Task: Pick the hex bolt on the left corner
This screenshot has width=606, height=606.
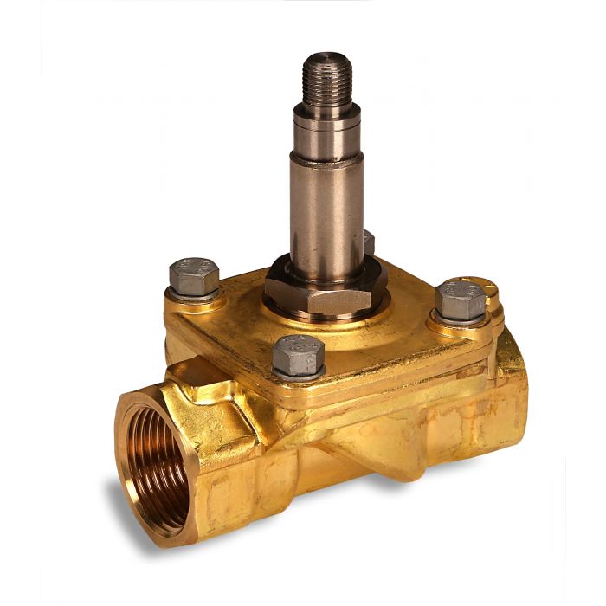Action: (194, 275)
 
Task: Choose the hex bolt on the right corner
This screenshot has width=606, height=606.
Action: (461, 300)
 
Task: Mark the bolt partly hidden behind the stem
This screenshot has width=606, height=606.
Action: (369, 243)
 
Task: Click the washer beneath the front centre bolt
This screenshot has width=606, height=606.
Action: (299, 374)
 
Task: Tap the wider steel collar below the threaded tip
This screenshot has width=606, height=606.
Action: (326, 117)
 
